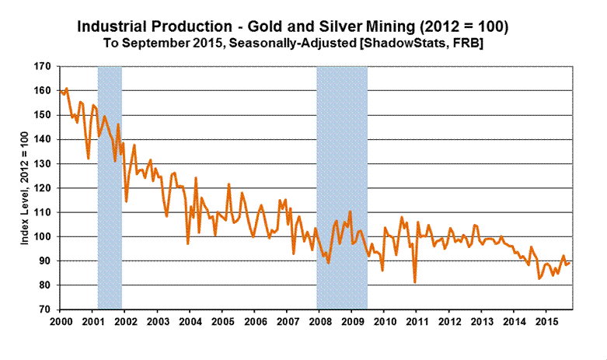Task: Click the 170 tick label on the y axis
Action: click(x=44, y=67)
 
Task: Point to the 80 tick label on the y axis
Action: click(x=46, y=285)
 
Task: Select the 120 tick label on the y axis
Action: click(x=44, y=188)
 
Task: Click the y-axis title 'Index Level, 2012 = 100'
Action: click(x=25, y=188)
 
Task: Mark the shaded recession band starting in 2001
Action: click(x=110, y=188)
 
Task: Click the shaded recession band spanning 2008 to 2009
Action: click(x=342, y=188)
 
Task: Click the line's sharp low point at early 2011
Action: click(x=415, y=281)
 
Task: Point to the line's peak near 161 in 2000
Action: click(x=66, y=89)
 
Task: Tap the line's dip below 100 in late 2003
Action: click(x=187, y=243)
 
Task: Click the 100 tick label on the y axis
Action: click(x=44, y=236)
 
